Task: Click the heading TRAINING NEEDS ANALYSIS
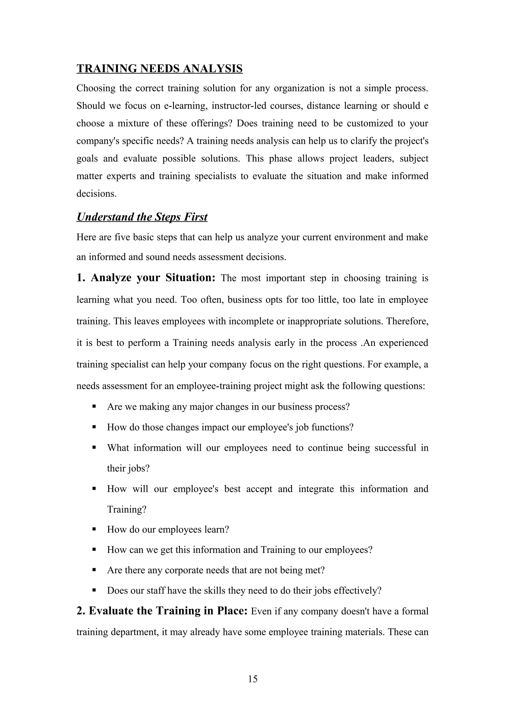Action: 159,69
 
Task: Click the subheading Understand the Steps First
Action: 142,217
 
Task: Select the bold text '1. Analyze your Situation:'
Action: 146,278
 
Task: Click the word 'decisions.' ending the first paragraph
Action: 96,194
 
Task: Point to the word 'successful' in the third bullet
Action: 395,448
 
